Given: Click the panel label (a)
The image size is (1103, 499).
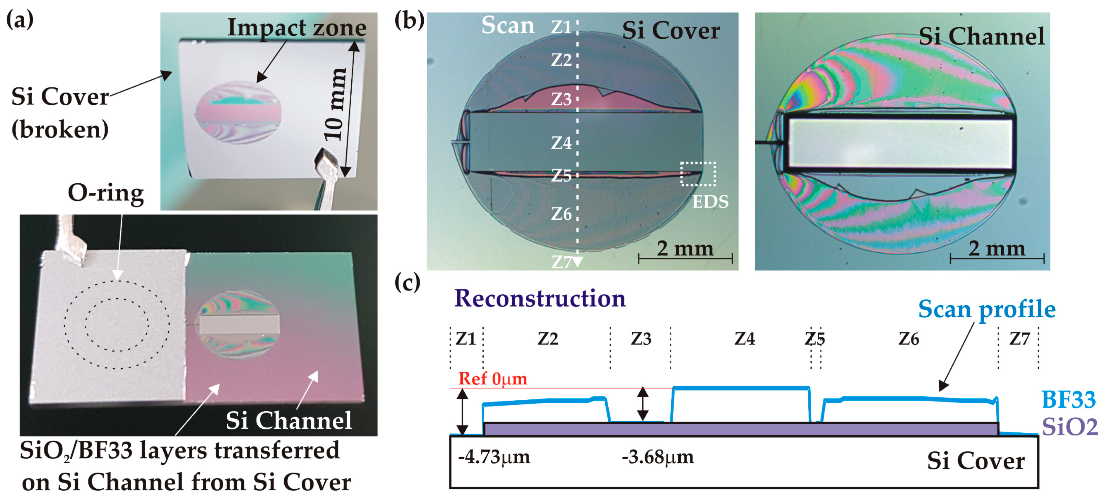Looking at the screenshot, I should pos(20,20).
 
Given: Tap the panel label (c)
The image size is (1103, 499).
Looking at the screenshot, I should pos(407,282).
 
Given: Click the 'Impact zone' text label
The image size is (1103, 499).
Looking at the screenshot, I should pos(297,28).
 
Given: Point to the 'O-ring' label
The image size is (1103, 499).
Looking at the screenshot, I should pos(106,193).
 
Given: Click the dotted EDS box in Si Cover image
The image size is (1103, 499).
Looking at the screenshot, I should pos(698,174).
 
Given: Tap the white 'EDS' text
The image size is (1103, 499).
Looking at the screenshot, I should pos(710,202).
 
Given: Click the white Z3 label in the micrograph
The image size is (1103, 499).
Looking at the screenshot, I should pos(561,99).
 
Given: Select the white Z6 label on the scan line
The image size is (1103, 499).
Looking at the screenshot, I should pos(561,214).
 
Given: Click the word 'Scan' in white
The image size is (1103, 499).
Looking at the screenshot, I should pos(508,25).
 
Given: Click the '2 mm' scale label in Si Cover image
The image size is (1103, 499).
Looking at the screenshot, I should pos(685,248).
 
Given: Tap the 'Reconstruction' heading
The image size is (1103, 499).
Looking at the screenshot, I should pos(540,298).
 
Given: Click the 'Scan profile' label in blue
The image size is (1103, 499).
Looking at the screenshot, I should pos(986,309).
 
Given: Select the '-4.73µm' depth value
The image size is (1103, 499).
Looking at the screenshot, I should pos(494,457).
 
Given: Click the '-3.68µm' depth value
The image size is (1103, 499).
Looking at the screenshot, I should pos(657,457).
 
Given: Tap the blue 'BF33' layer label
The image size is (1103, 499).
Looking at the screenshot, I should pos(1068,400).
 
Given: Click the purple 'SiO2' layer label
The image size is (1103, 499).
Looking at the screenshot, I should pos(1069,427).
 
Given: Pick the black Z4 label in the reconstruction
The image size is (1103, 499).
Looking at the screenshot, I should pos(745,339).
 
